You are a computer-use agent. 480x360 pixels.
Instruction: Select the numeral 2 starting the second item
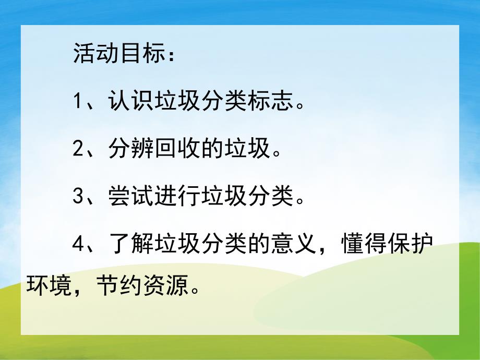pyautogui.click(x=78, y=151)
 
